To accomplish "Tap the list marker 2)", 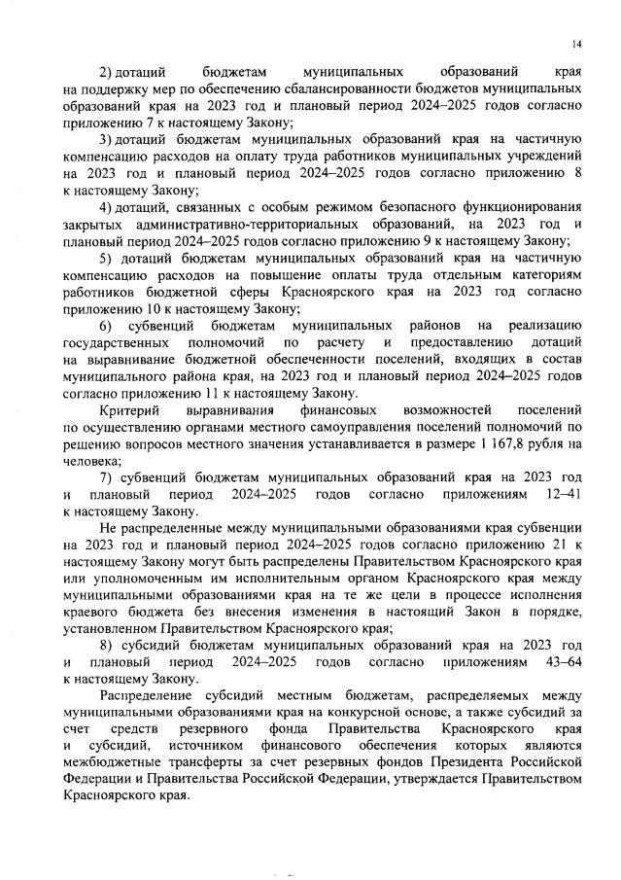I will (x=107, y=73).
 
